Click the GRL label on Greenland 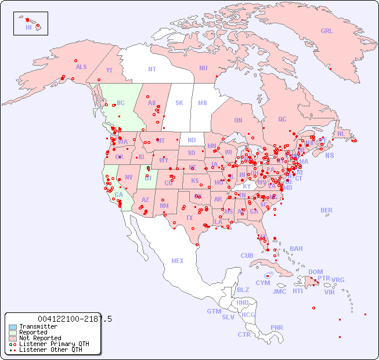(x=327, y=31)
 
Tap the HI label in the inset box (x=28, y=27)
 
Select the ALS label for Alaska (x=81, y=67)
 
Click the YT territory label (x=109, y=70)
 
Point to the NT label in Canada (x=151, y=69)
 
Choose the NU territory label (x=203, y=68)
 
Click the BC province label (x=120, y=103)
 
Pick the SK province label (x=179, y=103)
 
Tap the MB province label (x=202, y=103)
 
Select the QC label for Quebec (x=282, y=119)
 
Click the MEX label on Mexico (x=178, y=261)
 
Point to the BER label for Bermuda (x=326, y=210)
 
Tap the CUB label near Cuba (x=247, y=255)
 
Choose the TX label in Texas (x=189, y=218)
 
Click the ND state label (x=192, y=140)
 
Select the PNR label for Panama (x=277, y=327)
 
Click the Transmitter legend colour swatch (x=13, y=327)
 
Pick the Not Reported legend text (x=40, y=338)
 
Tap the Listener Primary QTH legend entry (x=46, y=344)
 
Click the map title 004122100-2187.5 (x=74, y=319)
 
